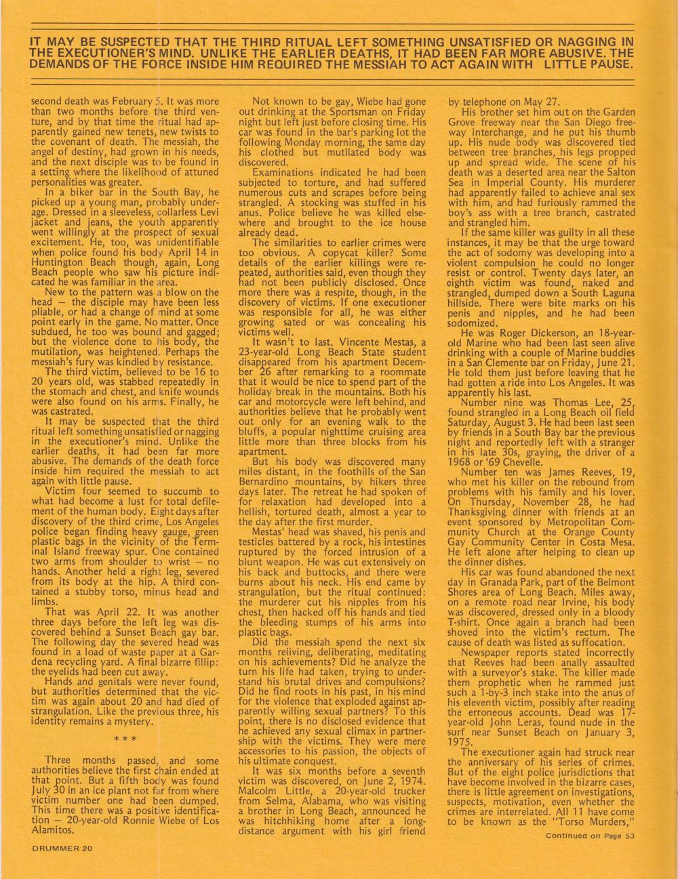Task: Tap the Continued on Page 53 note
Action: tap(590, 834)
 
